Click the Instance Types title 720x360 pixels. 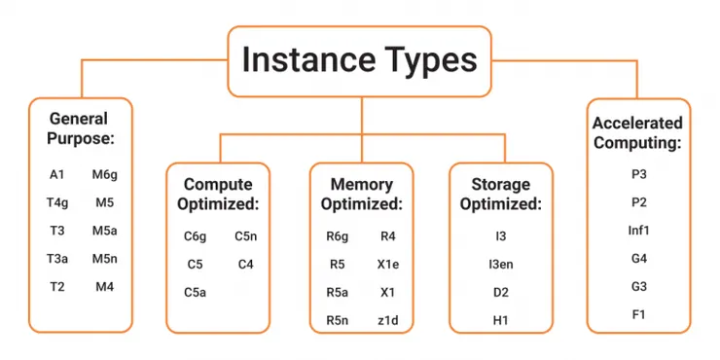point(359,59)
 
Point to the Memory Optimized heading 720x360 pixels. point(361,194)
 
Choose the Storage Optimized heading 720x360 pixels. point(500,194)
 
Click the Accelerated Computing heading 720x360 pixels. point(638,132)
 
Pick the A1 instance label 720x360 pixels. point(56,175)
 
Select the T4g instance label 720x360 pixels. point(56,203)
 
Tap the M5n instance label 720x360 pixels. point(105,259)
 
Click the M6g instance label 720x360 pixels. point(105,175)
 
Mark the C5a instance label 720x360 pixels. point(195,292)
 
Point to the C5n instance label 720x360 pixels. point(245,235)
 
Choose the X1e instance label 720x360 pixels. point(387,264)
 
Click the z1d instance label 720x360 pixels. point(387,320)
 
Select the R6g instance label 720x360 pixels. point(337,235)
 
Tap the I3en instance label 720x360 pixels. point(500,264)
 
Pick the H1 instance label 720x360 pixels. point(500,320)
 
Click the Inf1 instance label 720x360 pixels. point(638,231)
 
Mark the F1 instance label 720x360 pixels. point(638,314)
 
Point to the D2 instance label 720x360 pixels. point(500,292)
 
